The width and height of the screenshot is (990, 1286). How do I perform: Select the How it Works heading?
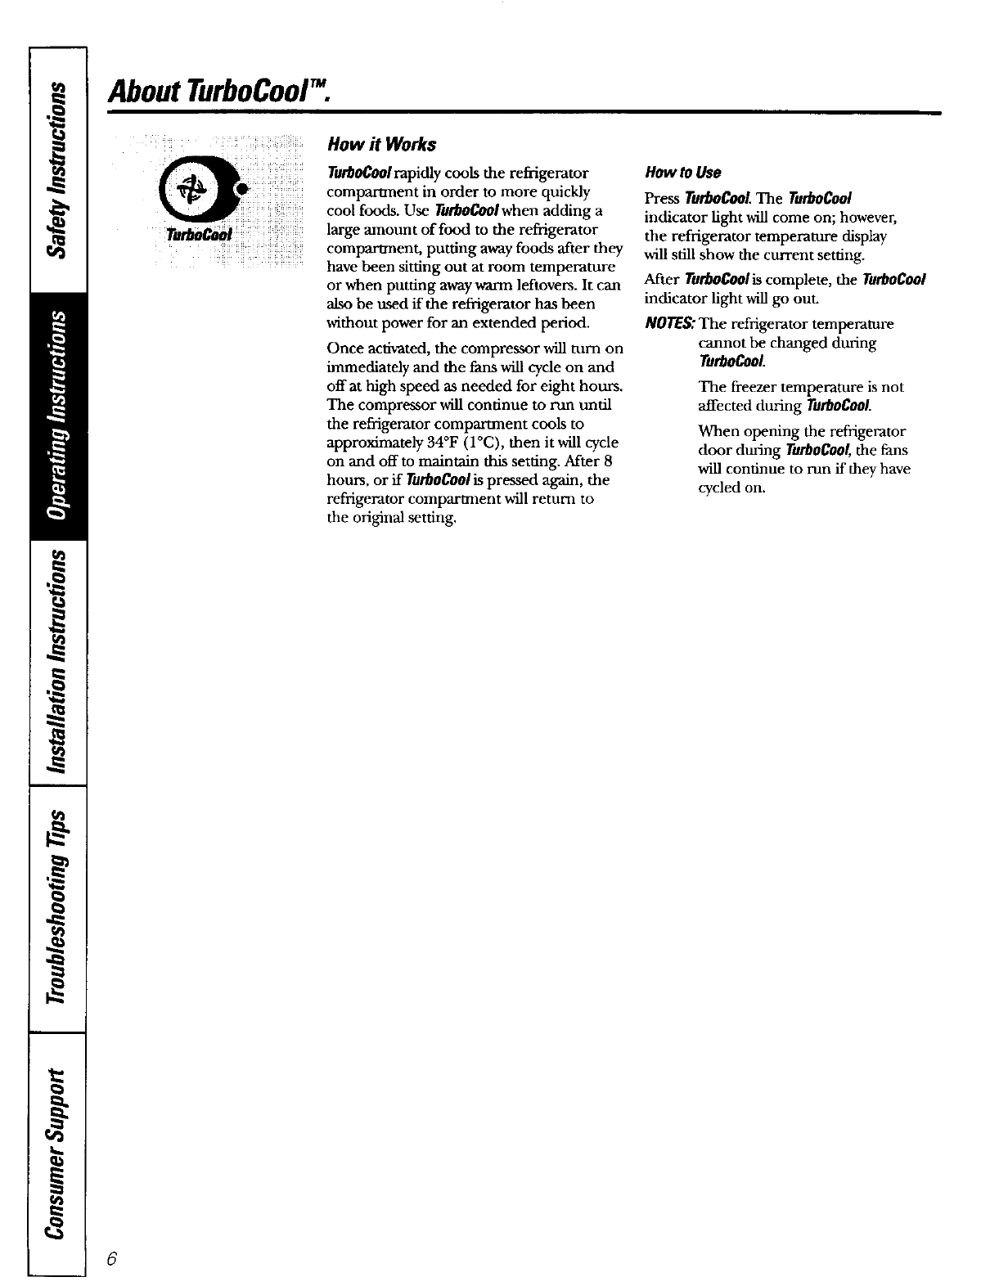(381, 145)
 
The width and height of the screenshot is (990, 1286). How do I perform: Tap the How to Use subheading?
(682, 173)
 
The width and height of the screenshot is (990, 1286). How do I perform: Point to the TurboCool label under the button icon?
(200, 236)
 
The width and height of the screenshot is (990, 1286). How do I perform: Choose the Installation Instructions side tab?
(56, 663)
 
